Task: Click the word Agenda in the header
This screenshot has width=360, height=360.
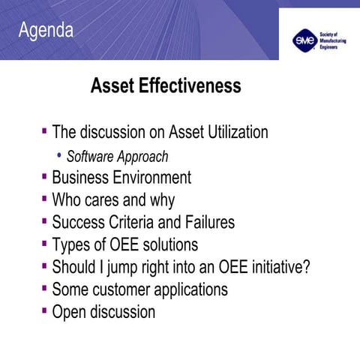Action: click(x=46, y=31)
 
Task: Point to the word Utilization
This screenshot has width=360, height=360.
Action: click(x=232, y=133)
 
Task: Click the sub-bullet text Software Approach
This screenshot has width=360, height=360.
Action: click(x=116, y=157)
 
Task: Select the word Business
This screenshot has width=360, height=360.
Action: click(x=80, y=178)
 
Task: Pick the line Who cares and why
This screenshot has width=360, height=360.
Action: click(x=113, y=200)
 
